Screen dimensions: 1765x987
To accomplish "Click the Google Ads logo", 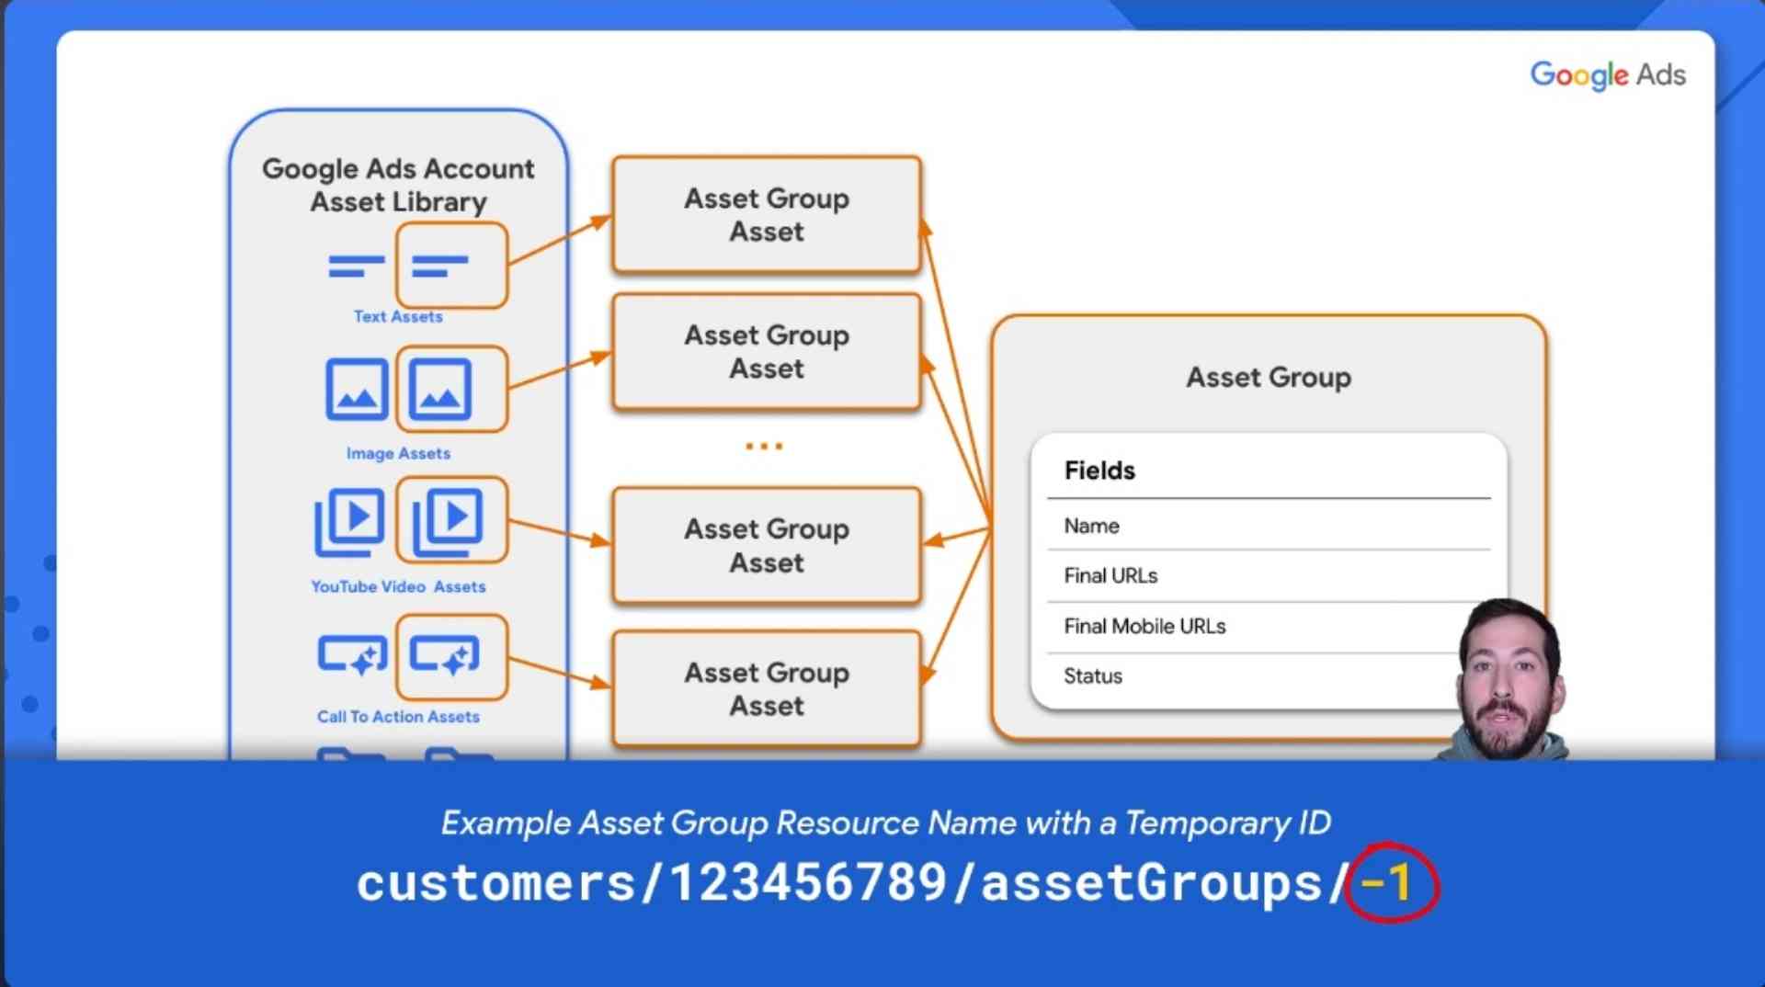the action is click(x=1608, y=74).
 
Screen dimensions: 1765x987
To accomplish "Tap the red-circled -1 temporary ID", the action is click(x=1387, y=883).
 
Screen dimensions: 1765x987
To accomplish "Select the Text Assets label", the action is click(x=398, y=316).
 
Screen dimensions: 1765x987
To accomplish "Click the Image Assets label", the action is click(x=398, y=453).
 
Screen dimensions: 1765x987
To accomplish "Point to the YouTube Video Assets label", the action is click(x=398, y=586).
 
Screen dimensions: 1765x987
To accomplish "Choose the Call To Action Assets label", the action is click(x=398, y=717).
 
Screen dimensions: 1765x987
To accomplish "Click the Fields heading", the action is click(x=1099, y=471).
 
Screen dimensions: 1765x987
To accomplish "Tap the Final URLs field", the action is click(x=1110, y=576).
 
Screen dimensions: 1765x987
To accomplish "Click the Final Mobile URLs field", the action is click(x=1144, y=627).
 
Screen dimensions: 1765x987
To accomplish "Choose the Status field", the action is click(x=1093, y=676).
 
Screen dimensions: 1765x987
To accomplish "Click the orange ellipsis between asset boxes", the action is click(x=764, y=447).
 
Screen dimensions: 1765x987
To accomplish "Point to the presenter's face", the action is click(x=1505, y=675).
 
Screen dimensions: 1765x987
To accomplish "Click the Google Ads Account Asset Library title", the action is click(x=398, y=185).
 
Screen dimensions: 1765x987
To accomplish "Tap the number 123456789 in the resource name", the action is click(x=808, y=883).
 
